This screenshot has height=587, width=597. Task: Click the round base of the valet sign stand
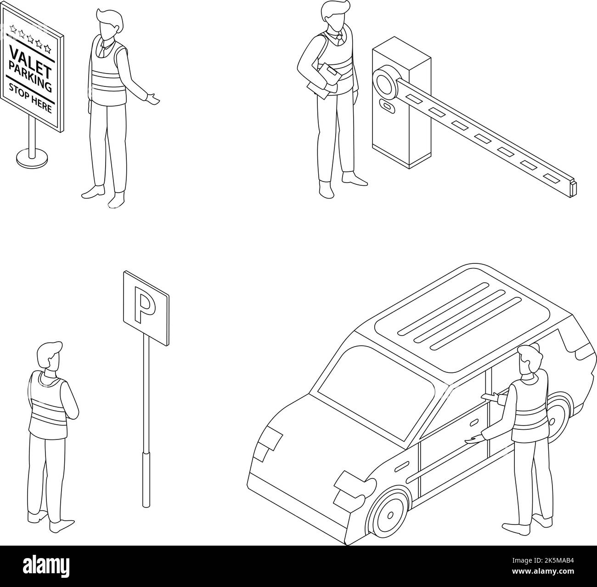tap(31, 158)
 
